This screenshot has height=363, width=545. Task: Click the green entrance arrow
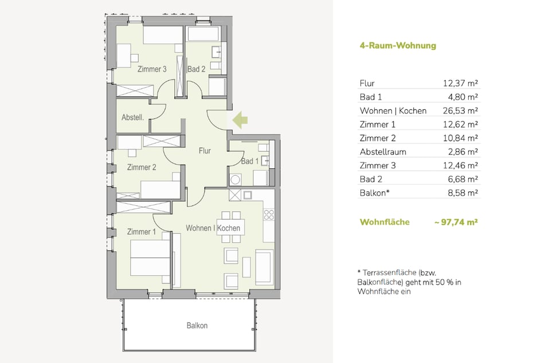point(240,120)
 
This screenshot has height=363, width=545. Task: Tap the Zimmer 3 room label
point(152,69)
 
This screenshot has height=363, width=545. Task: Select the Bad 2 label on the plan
point(197,69)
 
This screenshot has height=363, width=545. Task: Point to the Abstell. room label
point(133,117)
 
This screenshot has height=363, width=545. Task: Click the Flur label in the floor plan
point(205,151)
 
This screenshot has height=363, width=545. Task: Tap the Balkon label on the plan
point(197,325)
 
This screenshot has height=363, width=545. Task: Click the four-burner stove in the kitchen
point(269,215)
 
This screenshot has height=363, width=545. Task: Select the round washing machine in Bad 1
point(236,180)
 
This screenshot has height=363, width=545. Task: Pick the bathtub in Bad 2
point(203,34)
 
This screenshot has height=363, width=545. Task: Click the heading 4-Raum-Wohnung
point(398,45)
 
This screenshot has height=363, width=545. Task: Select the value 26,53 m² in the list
point(460,111)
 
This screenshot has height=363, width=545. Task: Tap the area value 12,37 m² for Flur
point(460,84)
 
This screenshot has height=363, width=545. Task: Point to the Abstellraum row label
point(383,152)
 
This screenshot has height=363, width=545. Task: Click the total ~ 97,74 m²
point(456,222)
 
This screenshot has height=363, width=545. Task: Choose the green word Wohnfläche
point(385,222)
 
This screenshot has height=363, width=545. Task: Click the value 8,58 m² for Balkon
point(462,193)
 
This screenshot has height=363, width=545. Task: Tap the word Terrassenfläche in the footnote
point(389,273)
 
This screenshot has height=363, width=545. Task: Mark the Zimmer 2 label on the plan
point(142,167)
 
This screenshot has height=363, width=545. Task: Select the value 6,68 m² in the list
point(462,179)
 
